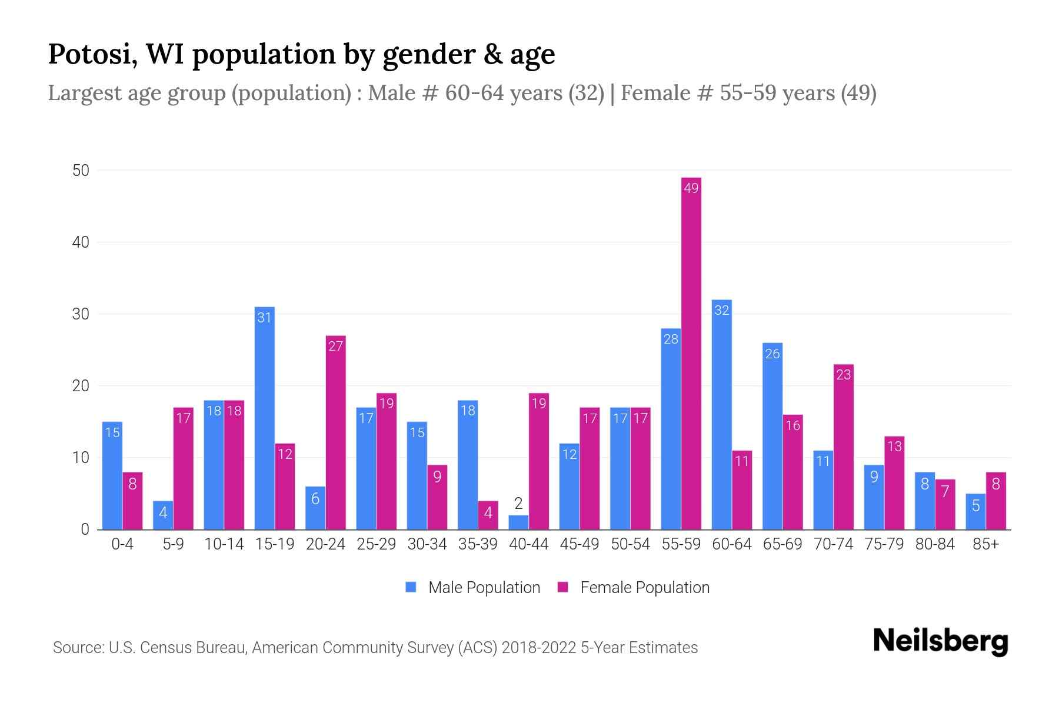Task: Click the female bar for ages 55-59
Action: click(691, 353)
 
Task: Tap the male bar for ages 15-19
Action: click(264, 418)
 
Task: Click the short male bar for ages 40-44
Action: click(518, 522)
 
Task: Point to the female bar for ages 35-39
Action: click(488, 515)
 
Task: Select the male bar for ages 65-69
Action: click(772, 436)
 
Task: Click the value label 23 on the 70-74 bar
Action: click(843, 375)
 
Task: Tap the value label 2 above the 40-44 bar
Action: click(518, 504)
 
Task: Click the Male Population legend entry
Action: click(473, 588)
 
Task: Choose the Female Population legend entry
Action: click(634, 588)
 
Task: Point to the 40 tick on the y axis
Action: click(81, 242)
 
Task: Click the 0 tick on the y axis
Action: click(85, 529)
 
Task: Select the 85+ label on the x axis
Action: click(985, 544)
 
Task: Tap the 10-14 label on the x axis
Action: click(224, 544)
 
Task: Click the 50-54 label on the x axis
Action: click(630, 544)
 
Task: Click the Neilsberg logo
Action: click(940, 641)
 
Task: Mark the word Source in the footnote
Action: click(76, 648)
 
